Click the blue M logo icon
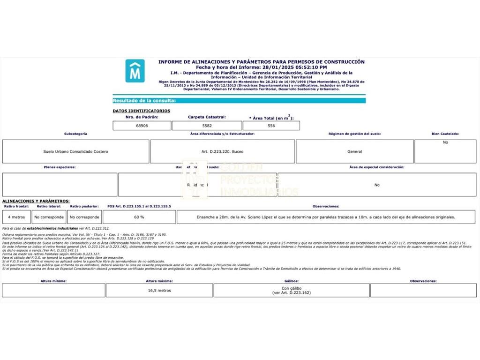coord(135,71)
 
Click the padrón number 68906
coord(142,126)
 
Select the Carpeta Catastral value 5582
coord(207,126)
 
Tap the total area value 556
coord(271,126)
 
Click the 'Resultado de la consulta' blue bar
coord(239,100)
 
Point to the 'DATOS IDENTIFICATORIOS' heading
coord(142,111)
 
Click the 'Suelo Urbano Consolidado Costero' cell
coord(75,151)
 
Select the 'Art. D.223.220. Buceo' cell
coord(223,151)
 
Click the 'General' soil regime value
coord(354,151)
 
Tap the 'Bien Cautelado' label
coord(445,134)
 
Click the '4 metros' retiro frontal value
coord(16,217)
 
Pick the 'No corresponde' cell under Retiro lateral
coord(49,217)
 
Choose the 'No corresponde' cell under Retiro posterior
coord(84,217)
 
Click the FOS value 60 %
coord(139,217)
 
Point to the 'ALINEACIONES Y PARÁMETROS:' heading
coord(36,201)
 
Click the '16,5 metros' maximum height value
coord(159,290)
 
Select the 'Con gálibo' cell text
coord(291,288)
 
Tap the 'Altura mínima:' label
coord(53,281)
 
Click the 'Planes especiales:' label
coord(60,167)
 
